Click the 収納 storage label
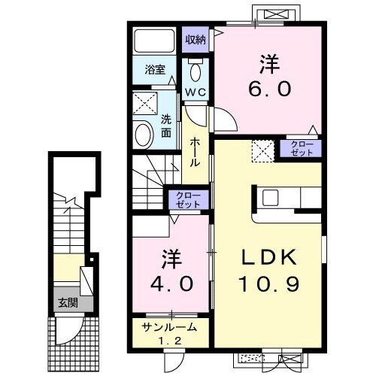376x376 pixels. pyautogui.click(x=196, y=40)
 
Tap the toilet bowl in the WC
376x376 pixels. pyautogui.click(x=196, y=72)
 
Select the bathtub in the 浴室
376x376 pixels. pyautogui.click(x=154, y=41)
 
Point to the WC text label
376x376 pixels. pyautogui.click(x=196, y=92)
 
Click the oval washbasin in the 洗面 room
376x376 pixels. pyautogui.click(x=144, y=135)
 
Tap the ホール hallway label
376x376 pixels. pyautogui.click(x=196, y=152)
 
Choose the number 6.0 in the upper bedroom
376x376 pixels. pyautogui.click(x=270, y=89)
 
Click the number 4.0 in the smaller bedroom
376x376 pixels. pyautogui.click(x=171, y=284)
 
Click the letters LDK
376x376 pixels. pyautogui.click(x=269, y=257)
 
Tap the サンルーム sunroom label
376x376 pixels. pyautogui.click(x=168, y=327)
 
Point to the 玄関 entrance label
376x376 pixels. pyautogui.click(x=68, y=303)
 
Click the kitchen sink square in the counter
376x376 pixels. pyautogui.click(x=270, y=197)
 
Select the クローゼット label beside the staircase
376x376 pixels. pyautogui.click(x=188, y=199)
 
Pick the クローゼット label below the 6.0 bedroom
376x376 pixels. pyautogui.click(x=302, y=148)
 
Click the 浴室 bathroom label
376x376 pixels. pyautogui.click(x=155, y=70)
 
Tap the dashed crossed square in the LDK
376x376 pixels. pyautogui.click(x=263, y=150)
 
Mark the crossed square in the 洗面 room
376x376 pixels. pyautogui.click(x=144, y=104)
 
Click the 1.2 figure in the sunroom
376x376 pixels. pyautogui.click(x=170, y=341)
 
